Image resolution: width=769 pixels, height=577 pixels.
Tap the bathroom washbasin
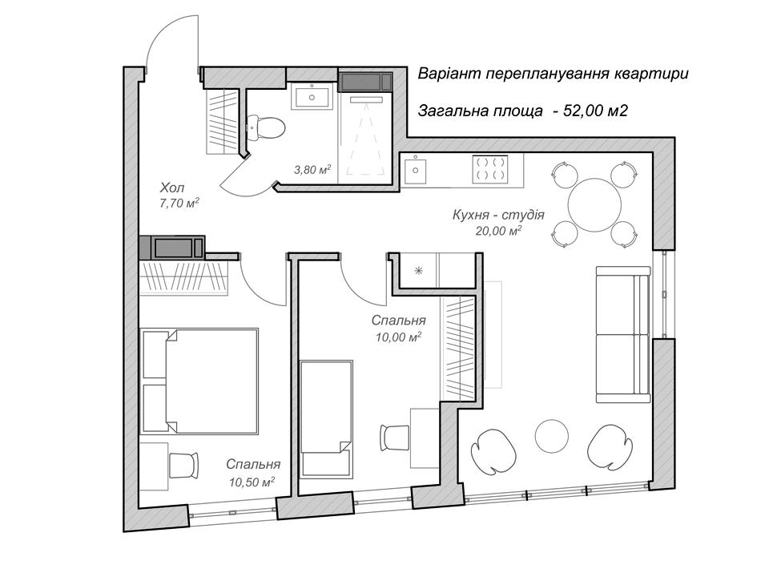[312, 95]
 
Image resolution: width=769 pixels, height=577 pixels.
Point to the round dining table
[594, 204]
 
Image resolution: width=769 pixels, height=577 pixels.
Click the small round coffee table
[552, 436]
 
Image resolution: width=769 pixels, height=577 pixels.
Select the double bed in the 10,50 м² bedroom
[199, 381]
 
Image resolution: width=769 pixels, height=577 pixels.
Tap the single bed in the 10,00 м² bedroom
[326, 418]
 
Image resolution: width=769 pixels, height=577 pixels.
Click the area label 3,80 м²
[312, 170]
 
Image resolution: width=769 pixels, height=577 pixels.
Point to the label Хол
[172, 188]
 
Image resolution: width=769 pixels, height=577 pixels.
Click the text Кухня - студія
[498, 215]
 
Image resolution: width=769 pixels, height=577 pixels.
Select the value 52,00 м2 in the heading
[596, 111]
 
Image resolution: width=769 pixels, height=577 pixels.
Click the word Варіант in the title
[449, 74]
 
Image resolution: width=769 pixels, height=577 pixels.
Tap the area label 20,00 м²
[498, 230]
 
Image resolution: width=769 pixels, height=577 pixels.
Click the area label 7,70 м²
[179, 203]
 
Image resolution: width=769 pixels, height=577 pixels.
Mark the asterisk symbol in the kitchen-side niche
[418, 270]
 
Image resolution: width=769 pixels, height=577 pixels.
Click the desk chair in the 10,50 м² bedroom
[184, 465]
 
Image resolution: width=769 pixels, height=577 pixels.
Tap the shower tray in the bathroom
[365, 137]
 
